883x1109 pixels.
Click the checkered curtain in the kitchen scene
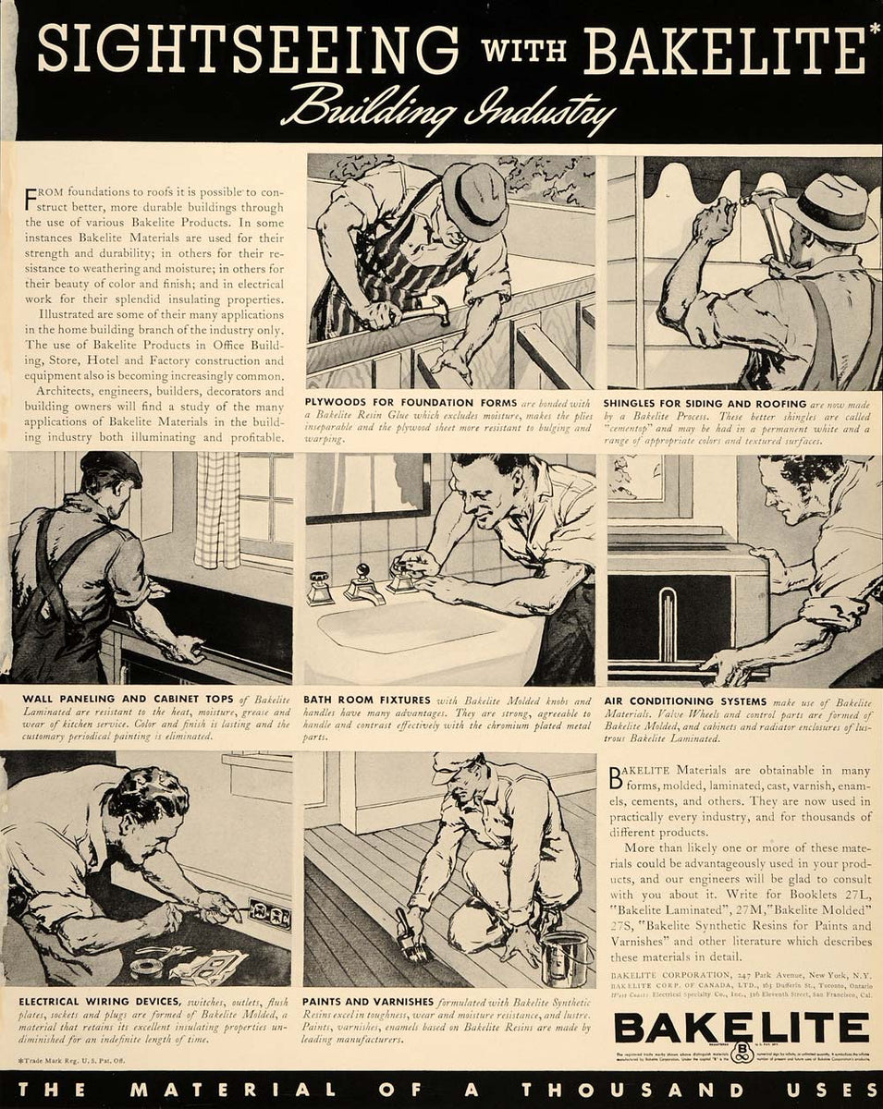217,508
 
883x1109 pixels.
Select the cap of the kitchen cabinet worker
111,468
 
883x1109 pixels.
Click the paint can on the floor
565,956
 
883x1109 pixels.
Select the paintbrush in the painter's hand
407,932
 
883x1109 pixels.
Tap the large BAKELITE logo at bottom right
741,1028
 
